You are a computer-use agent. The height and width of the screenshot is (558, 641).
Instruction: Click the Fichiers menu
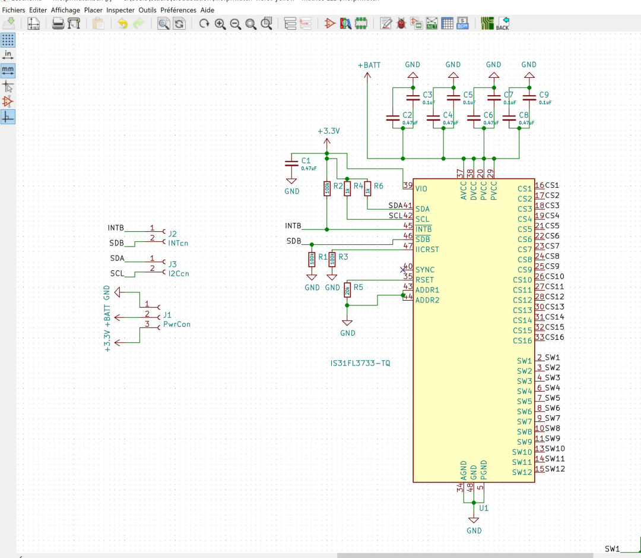pyautogui.click(x=13, y=10)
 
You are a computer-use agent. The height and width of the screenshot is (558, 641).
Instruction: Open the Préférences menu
pyautogui.click(x=178, y=10)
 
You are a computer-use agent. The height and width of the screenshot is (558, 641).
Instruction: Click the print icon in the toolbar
pyautogui.click(x=58, y=24)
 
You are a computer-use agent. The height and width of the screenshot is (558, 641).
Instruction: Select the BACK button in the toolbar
pyautogui.click(x=502, y=24)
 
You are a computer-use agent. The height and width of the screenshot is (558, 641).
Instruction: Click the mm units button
pyautogui.click(x=8, y=70)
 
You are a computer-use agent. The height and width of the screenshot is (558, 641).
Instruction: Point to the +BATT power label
pyautogui.click(x=369, y=65)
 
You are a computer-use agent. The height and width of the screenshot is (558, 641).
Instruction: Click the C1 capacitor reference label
pyautogui.click(x=306, y=160)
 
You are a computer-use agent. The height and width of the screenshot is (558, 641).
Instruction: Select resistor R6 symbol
pyautogui.click(x=367, y=188)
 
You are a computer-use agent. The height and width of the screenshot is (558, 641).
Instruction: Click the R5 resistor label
pyautogui.click(x=358, y=286)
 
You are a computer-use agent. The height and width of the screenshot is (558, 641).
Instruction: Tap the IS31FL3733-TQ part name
pyautogui.click(x=360, y=362)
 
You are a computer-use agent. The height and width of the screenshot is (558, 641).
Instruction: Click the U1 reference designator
pyautogui.click(x=484, y=508)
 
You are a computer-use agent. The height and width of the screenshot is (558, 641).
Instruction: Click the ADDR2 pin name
pyautogui.click(x=427, y=300)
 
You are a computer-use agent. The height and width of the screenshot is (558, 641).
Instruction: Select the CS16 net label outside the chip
pyautogui.click(x=554, y=337)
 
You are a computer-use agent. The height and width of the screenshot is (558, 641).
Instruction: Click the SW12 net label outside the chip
pyautogui.click(x=554, y=469)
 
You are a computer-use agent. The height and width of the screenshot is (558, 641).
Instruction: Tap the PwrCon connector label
pyautogui.click(x=177, y=324)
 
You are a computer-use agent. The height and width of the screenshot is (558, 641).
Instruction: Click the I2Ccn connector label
pyautogui.click(x=179, y=273)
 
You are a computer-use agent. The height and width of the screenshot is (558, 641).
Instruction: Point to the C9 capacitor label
pyautogui.click(x=544, y=95)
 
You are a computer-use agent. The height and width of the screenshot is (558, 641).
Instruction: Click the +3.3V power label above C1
pyautogui.click(x=328, y=131)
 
